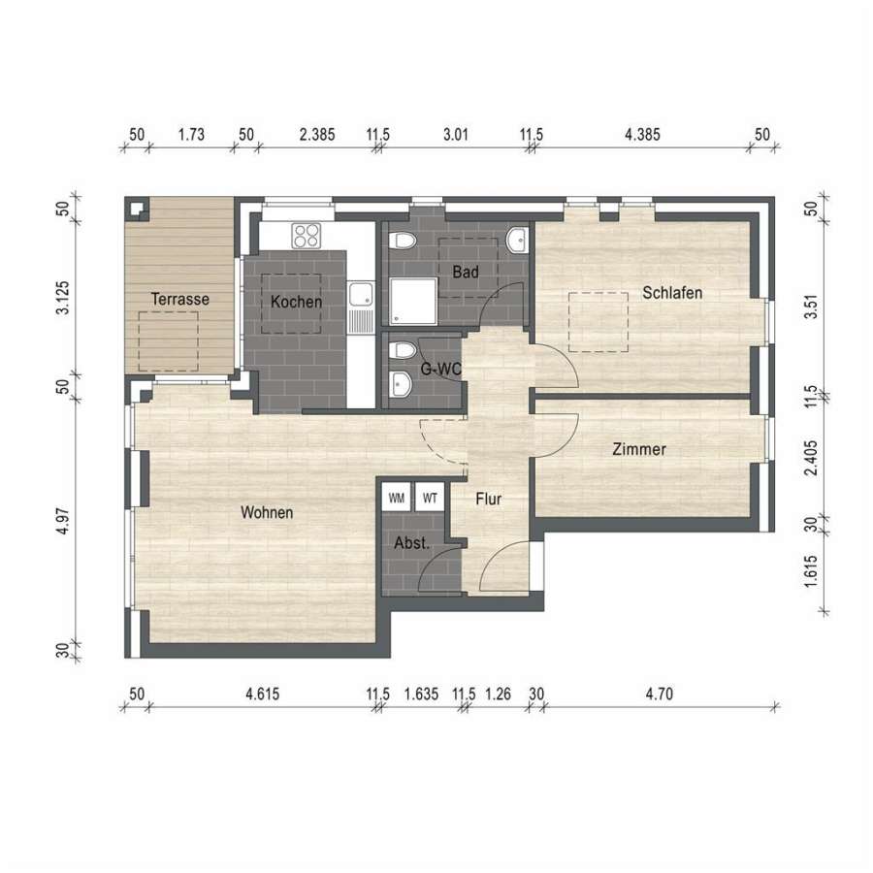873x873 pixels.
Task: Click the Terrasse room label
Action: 179,299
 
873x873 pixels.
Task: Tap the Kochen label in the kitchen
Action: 296,302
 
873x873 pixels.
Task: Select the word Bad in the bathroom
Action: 466,273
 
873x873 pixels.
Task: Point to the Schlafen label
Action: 672,293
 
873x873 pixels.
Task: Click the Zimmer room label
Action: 639,449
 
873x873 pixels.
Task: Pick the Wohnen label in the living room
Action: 267,512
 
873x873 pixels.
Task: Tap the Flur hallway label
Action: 488,499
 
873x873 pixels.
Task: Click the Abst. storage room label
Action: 412,543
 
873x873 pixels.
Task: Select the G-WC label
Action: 440,369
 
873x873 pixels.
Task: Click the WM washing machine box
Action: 397,498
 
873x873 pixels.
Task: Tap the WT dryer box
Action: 430,498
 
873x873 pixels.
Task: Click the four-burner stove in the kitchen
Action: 307,236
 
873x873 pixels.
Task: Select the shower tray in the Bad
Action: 413,302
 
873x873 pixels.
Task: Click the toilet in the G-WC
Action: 402,349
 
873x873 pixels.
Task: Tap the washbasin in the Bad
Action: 516,240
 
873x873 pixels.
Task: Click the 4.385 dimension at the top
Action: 642,134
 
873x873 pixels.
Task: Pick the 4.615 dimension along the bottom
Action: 263,694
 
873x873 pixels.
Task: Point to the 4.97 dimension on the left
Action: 63,521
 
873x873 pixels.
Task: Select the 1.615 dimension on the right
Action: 811,570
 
